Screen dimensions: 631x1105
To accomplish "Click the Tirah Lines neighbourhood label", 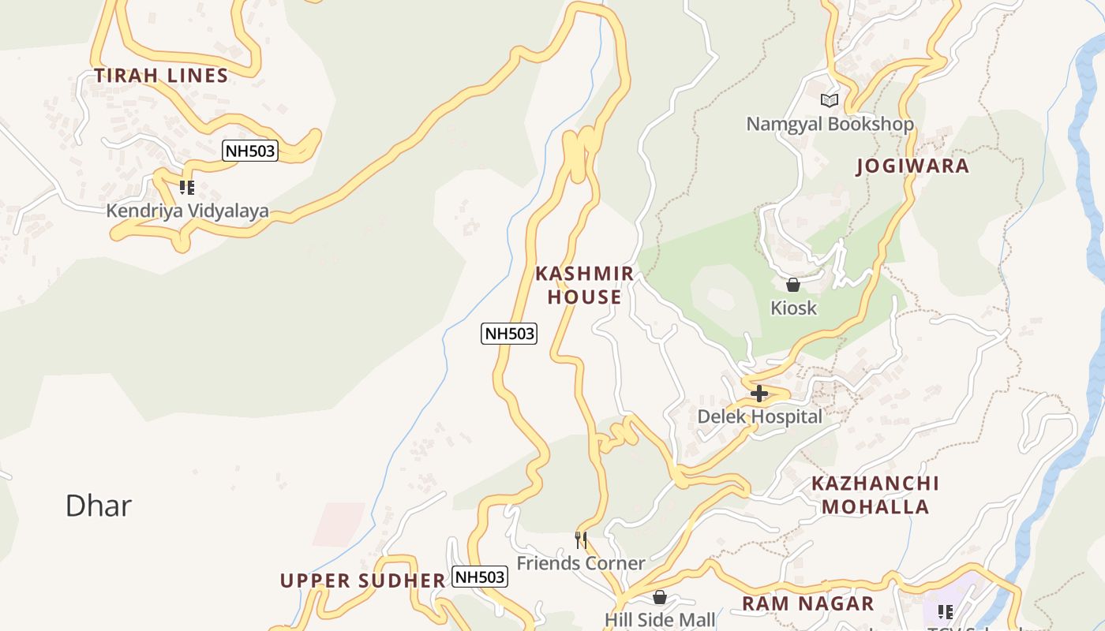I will [161, 76].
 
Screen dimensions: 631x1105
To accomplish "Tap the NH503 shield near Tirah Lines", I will [250, 151].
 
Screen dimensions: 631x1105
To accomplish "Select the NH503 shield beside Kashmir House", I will [509, 334].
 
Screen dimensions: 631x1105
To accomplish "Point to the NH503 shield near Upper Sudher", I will [480, 577].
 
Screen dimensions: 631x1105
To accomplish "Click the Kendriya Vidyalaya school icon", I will [186, 188].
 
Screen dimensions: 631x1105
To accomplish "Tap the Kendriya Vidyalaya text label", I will [187, 211].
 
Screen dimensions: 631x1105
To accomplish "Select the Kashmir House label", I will [584, 286].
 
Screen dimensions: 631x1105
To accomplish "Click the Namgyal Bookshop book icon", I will [829, 100].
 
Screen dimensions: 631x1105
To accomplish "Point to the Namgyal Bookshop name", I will [830, 124].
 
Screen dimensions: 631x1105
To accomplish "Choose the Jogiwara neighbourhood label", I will [912, 166].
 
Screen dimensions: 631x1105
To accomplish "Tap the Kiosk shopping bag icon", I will [793, 285].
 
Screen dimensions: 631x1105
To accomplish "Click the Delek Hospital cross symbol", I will [759, 393].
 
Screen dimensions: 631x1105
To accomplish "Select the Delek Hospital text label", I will [759, 416].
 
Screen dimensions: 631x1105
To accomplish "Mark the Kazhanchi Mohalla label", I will [875, 495].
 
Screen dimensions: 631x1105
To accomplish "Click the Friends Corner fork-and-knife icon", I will [581, 540].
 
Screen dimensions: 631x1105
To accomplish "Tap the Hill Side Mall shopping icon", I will [660, 597].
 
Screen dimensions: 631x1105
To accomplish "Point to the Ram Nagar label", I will [807, 604].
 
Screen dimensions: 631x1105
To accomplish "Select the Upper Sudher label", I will [363, 581].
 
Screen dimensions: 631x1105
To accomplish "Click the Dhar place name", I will [98, 506].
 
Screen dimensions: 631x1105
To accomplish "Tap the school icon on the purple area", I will [946, 611].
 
